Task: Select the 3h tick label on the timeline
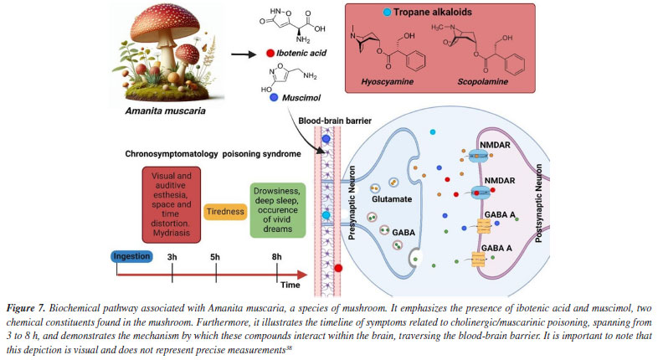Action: pos(172,256)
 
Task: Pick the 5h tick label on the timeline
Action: pos(217,256)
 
